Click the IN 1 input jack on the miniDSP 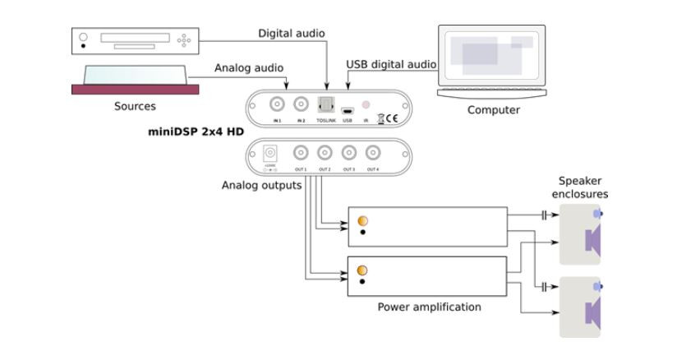[278, 104]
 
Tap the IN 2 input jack [301, 104]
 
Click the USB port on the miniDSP [348, 110]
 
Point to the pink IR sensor [366, 106]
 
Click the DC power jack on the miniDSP [269, 153]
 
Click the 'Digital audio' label [291, 34]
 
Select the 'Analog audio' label [248, 68]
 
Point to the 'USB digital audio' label [391, 64]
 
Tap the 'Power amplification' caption [429, 307]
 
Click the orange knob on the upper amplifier [362, 220]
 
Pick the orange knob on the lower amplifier [362, 270]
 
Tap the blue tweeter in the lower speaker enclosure [597, 286]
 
